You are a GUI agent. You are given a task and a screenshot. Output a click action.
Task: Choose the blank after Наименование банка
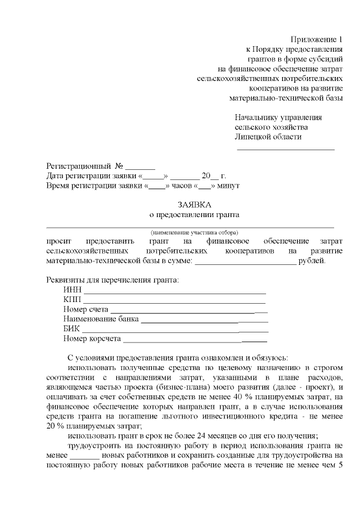[x=204, y=322]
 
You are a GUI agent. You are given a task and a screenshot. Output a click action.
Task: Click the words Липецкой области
[x=268, y=137]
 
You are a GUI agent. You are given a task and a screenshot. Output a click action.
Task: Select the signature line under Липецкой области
[x=285, y=150]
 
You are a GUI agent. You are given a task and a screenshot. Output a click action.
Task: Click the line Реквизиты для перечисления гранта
[x=112, y=281]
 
